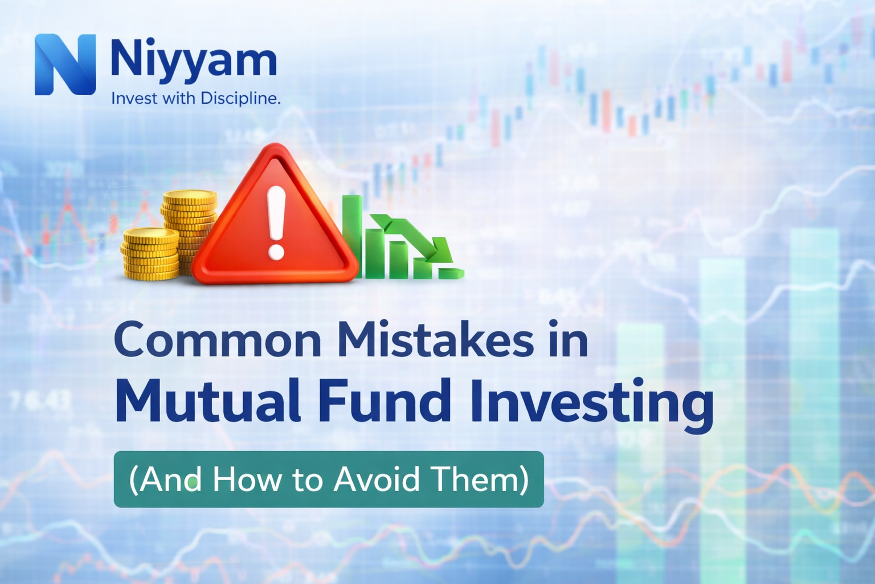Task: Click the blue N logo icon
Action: (65, 64)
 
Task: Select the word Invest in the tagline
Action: (134, 99)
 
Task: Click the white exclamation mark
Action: (276, 222)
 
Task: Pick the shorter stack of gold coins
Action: (150, 254)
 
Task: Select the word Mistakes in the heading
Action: (436, 340)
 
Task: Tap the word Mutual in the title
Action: (208, 401)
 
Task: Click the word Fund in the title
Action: (385, 401)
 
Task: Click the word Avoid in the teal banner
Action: (377, 479)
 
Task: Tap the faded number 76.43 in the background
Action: (40, 400)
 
